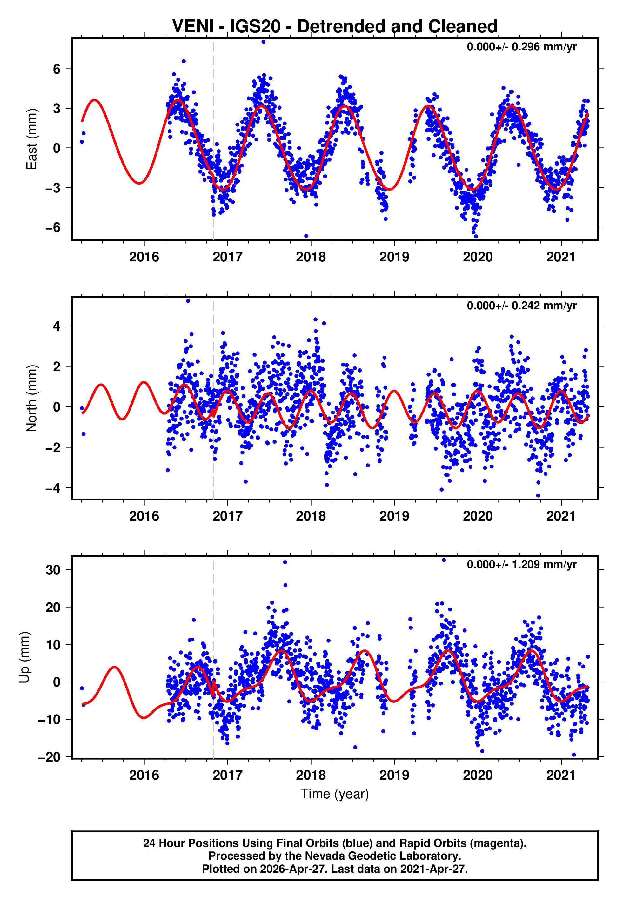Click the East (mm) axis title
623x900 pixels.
(31, 139)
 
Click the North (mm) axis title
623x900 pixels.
(31, 398)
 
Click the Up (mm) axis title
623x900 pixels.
(24, 657)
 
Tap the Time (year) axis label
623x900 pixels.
(335, 794)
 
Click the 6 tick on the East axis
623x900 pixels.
(57, 69)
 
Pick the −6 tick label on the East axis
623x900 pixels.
(53, 227)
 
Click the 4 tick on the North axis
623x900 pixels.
(57, 326)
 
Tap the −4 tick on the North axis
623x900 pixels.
(53, 488)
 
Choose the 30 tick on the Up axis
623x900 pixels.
(53, 570)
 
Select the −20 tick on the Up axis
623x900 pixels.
(49, 757)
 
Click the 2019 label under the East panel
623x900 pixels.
(394, 257)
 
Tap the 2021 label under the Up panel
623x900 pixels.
(561, 775)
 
